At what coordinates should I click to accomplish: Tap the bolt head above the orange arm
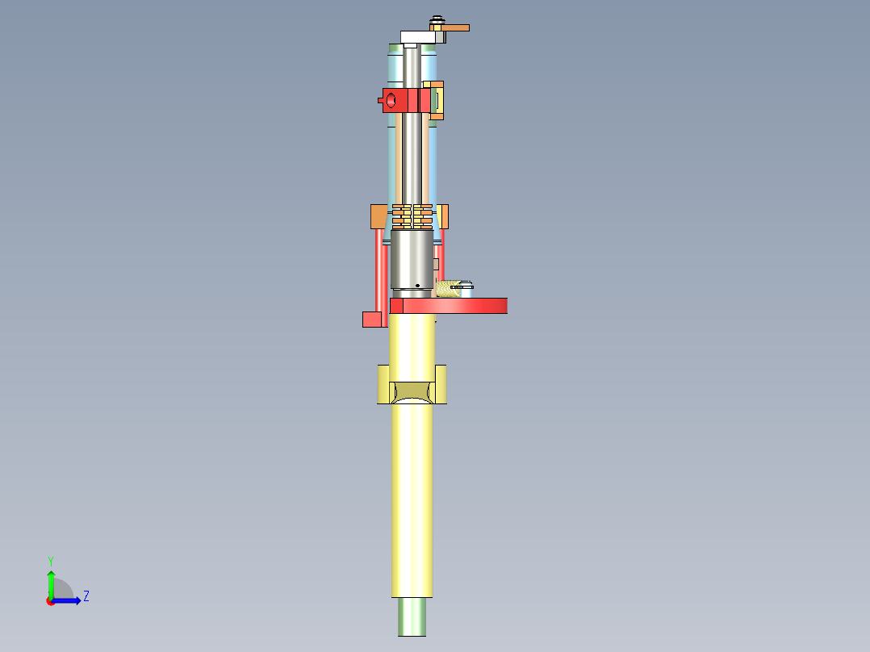pyautogui.click(x=437, y=19)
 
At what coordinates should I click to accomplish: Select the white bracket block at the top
pyautogui.click(x=416, y=36)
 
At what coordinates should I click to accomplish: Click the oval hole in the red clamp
pyautogui.click(x=391, y=100)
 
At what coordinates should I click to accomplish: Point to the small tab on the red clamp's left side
pyautogui.click(x=379, y=101)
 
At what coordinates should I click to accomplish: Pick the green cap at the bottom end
pyautogui.click(x=412, y=616)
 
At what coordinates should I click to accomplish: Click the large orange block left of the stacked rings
pyautogui.click(x=379, y=216)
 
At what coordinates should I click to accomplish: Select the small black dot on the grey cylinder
pyautogui.click(x=416, y=285)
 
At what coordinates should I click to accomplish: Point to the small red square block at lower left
pyautogui.click(x=371, y=319)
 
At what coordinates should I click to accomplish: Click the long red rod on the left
pyautogui.click(x=379, y=270)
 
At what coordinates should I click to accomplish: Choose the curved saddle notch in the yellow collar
pyautogui.click(x=412, y=391)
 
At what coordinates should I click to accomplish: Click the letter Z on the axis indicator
pyautogui.click(x=86, y=596)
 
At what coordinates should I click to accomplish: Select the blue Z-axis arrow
pyautogui.click(x=69, y=600)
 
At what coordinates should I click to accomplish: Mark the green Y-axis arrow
pyautogui.click(x=51, y=583)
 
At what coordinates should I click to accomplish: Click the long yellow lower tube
pyautogui.click(x=412, y=500)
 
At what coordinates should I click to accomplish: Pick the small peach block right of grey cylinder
pyautogui.click(x=437, y=264)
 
